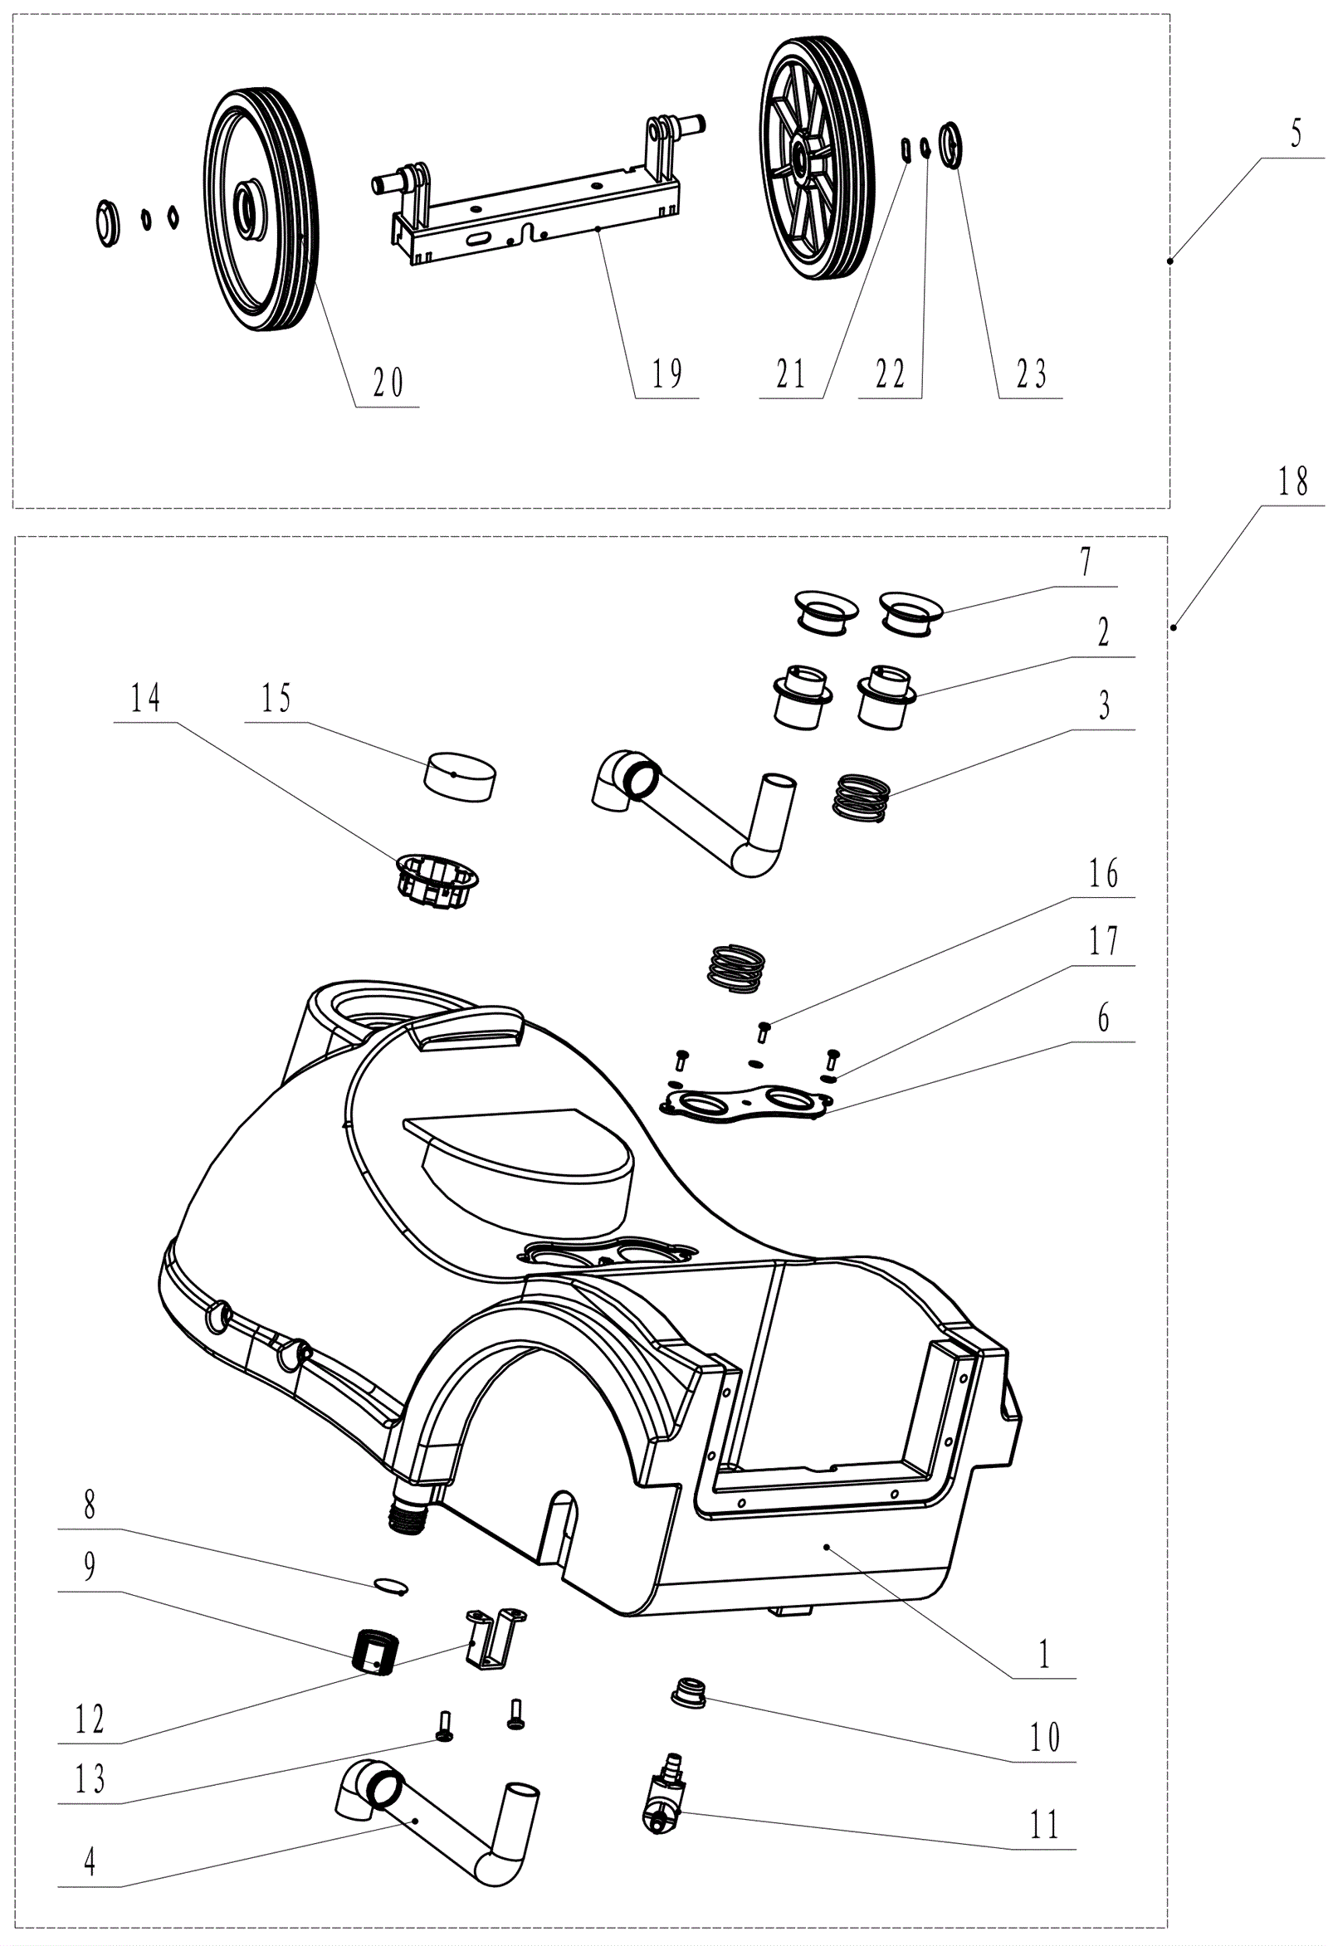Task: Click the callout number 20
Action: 388,383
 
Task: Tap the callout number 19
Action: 666,373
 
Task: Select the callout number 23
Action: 1031,374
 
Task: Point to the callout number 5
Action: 1296,134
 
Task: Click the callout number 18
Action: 1293,481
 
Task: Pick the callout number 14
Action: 145,698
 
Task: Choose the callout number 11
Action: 1044,1825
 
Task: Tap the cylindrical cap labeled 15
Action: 460,775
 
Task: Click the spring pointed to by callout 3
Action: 860,798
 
